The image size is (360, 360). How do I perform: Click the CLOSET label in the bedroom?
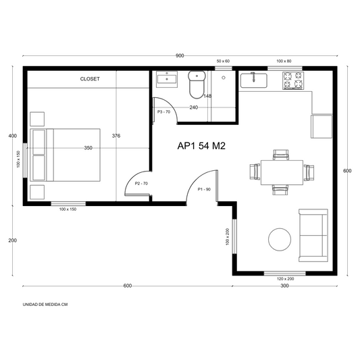90,79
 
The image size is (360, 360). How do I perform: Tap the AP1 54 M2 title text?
201,146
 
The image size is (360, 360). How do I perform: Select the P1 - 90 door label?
204,189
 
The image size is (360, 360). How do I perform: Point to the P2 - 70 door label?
141,184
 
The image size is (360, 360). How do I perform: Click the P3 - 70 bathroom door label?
163,112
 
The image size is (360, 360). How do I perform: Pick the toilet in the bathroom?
197,84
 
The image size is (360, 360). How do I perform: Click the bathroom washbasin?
167,79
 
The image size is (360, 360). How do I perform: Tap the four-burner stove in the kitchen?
293,80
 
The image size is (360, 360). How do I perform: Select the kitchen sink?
254,80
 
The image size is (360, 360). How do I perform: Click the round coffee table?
280,239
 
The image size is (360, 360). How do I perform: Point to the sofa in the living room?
313,235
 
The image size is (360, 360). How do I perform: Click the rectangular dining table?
282,172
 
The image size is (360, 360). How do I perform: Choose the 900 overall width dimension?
180,56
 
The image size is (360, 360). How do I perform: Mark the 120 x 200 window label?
286,279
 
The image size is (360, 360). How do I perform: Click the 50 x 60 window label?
223,61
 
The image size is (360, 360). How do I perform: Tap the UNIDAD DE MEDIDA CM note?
45,305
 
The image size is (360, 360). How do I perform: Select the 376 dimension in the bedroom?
116,136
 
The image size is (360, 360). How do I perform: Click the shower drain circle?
224,78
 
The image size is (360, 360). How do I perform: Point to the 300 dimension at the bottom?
284,286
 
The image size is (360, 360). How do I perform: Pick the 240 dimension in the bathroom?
194,107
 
